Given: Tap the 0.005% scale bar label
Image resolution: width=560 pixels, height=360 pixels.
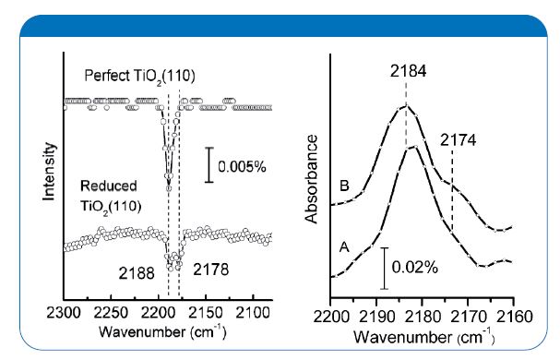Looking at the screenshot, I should tap(242, 168).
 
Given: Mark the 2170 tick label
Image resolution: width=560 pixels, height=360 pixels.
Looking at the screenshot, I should tap(467, 313).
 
